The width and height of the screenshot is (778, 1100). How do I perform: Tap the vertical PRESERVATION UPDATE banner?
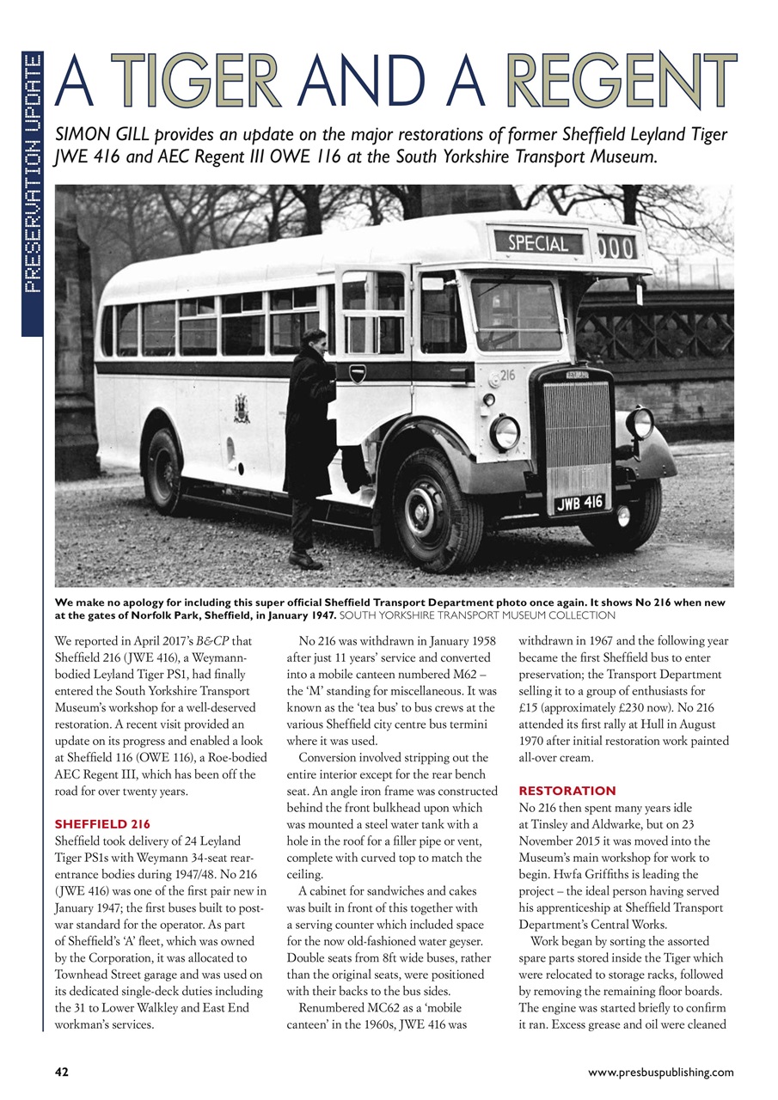32,172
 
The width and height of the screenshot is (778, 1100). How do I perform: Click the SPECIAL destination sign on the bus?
537,243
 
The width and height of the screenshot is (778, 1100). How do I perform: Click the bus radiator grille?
577,433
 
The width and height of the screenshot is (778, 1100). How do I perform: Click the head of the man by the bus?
315,340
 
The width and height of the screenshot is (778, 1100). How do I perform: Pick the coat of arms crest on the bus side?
242,407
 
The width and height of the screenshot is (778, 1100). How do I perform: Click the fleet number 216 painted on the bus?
506,376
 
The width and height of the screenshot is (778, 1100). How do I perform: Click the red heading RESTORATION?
567,790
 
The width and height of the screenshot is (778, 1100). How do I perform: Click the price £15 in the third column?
529,706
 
